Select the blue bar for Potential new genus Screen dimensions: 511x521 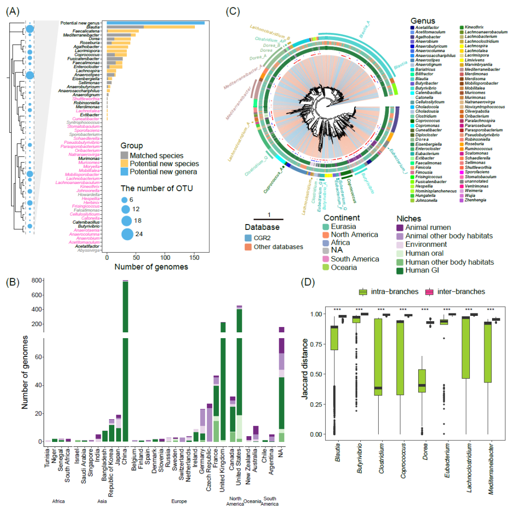(x=155, y=23)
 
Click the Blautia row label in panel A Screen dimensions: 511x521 (x=96, y=27)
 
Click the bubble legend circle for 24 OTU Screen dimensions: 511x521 (x=127, y=234)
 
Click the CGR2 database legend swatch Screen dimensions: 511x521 (x=248, y=238)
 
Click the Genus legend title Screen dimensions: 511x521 (x=424, y=21)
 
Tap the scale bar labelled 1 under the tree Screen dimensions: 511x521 (x=269, y=220)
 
